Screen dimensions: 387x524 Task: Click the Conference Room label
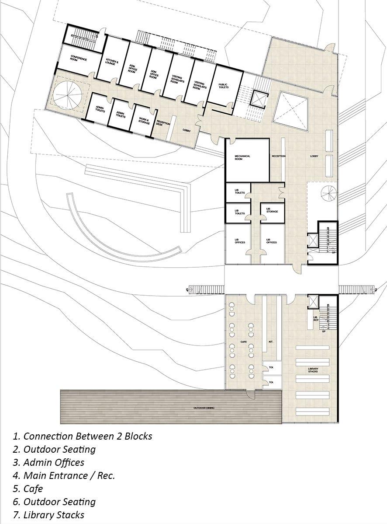coord(79,59)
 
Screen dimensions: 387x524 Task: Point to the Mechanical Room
coord(242,157)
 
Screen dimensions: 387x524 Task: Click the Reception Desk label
coord(163,124)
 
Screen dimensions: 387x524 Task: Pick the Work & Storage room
coord(144,120)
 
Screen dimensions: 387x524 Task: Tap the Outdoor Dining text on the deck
coord(204,408)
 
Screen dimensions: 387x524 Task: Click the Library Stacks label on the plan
coord(313,370)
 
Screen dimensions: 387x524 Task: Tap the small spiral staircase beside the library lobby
coord(328,193)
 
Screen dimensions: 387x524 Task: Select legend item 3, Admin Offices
coord(48,462)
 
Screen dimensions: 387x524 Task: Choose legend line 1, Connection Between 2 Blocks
coord(83,436)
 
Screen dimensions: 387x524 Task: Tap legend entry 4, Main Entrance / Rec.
coord(64,475)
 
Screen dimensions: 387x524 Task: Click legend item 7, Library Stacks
coord(48,515)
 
